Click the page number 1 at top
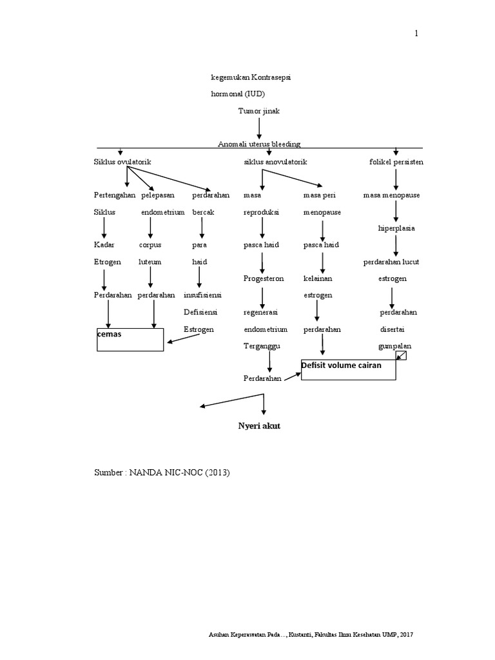[416, 34]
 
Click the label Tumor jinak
[258, 111]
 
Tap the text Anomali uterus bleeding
[259, 144]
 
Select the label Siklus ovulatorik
[122, 162]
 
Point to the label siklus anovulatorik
[275, 162]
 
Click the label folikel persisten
[396, 162]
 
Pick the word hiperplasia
[396, 228]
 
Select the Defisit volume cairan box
[348, 369]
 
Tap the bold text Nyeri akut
[260, 427]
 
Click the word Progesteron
[263, 278]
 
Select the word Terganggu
[260, 345]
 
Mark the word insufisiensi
[202, 295]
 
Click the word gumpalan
[394, 345]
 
